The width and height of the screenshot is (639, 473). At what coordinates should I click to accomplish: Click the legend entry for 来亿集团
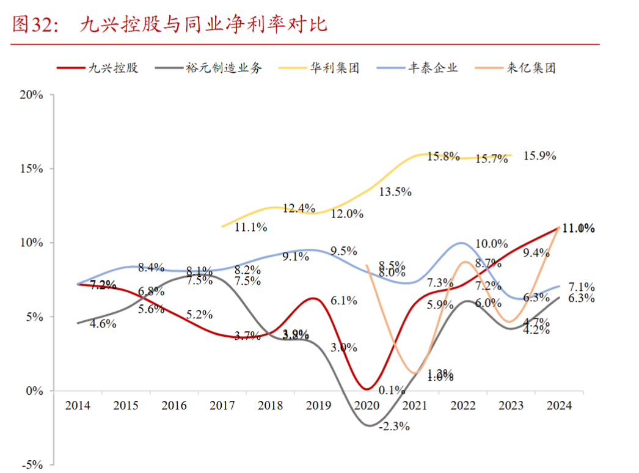[531, 68]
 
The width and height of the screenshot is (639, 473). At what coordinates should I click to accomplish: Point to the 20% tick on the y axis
[31, 95]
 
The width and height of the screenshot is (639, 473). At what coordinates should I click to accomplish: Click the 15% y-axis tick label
[31, 169]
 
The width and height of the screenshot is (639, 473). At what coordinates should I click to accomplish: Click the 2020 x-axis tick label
[367, 406]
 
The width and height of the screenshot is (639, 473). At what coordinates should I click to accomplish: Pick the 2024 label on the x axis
[559, 406]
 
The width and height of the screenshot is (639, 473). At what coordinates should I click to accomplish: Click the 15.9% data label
[540, 156]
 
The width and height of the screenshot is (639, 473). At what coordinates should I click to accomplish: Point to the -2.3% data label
[394, 427]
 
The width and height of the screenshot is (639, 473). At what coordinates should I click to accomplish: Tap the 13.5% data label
[395, 191]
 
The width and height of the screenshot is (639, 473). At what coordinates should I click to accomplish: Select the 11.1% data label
[250, 227]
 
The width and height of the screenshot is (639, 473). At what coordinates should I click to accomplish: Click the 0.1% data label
[392, 389]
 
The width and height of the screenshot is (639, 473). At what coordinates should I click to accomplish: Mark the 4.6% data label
[103, 324]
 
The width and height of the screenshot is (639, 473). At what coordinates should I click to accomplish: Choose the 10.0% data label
[492, 244]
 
